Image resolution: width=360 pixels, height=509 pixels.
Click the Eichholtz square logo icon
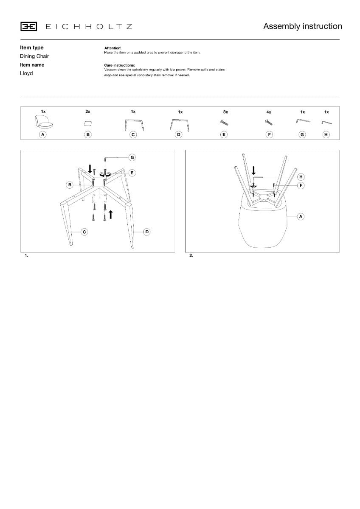pos(28,26)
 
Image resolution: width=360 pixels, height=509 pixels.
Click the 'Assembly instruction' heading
pos(302,26)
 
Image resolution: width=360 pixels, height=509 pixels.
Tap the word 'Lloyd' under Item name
pos(26,73)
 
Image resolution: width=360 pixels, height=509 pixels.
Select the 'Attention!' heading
pos(113,48)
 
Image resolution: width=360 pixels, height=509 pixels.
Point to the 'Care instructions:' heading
pos(119,65)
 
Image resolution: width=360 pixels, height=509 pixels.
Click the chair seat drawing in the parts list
pos(44,122)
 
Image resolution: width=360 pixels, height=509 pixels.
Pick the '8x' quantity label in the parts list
pos(225,112)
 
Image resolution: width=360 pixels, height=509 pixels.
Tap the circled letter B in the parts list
pos(88,134)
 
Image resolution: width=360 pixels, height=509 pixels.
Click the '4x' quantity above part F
pos(269,112)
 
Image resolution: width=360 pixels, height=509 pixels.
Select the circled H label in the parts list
pos(326,134)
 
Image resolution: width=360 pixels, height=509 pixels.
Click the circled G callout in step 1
pos(132,157)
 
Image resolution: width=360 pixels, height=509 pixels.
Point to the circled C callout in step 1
pos(84,232)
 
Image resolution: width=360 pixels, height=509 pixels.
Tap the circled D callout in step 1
pos(147,232)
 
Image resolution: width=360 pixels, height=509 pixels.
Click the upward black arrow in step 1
pos(111,215)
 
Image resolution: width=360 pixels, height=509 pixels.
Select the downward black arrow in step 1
pos(90,169)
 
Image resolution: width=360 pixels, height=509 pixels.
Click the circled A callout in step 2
pos(301,217)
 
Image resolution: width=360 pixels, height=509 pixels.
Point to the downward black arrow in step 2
pos(253,171)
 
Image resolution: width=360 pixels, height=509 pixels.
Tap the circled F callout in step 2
pos(301,185)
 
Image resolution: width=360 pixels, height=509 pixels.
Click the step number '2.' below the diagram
pos(191,255)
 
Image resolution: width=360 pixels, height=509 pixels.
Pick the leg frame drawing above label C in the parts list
pos(134,125)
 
